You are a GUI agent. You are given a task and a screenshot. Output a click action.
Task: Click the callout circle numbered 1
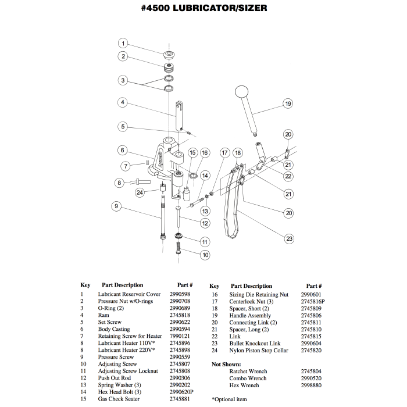pyautogui.click(x=123, y=43)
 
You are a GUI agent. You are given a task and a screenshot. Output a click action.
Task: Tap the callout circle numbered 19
pyautogui.click(x=287, y=103)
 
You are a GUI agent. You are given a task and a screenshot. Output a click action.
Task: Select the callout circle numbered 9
pyautogui.click(x=116, y=205)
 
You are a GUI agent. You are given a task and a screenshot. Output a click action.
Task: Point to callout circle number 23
pyautogui.click(x=289, y=238)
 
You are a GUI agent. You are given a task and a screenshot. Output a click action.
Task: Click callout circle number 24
pyautogui.click(x=140, y=192)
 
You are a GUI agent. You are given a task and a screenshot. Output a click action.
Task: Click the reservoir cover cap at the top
pyautogui.click(x=169, y=55)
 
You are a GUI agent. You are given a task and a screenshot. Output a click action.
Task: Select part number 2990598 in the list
pyautogui.click(x=180, y=294)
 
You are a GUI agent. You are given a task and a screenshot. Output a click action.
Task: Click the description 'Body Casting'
pyautogui.click(x=114, y=329)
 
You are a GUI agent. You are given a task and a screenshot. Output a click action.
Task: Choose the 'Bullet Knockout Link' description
pyautogui.click(x=255, y=344)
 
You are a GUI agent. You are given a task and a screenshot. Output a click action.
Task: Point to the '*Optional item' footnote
pyautogui.click(x=229, y=399)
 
